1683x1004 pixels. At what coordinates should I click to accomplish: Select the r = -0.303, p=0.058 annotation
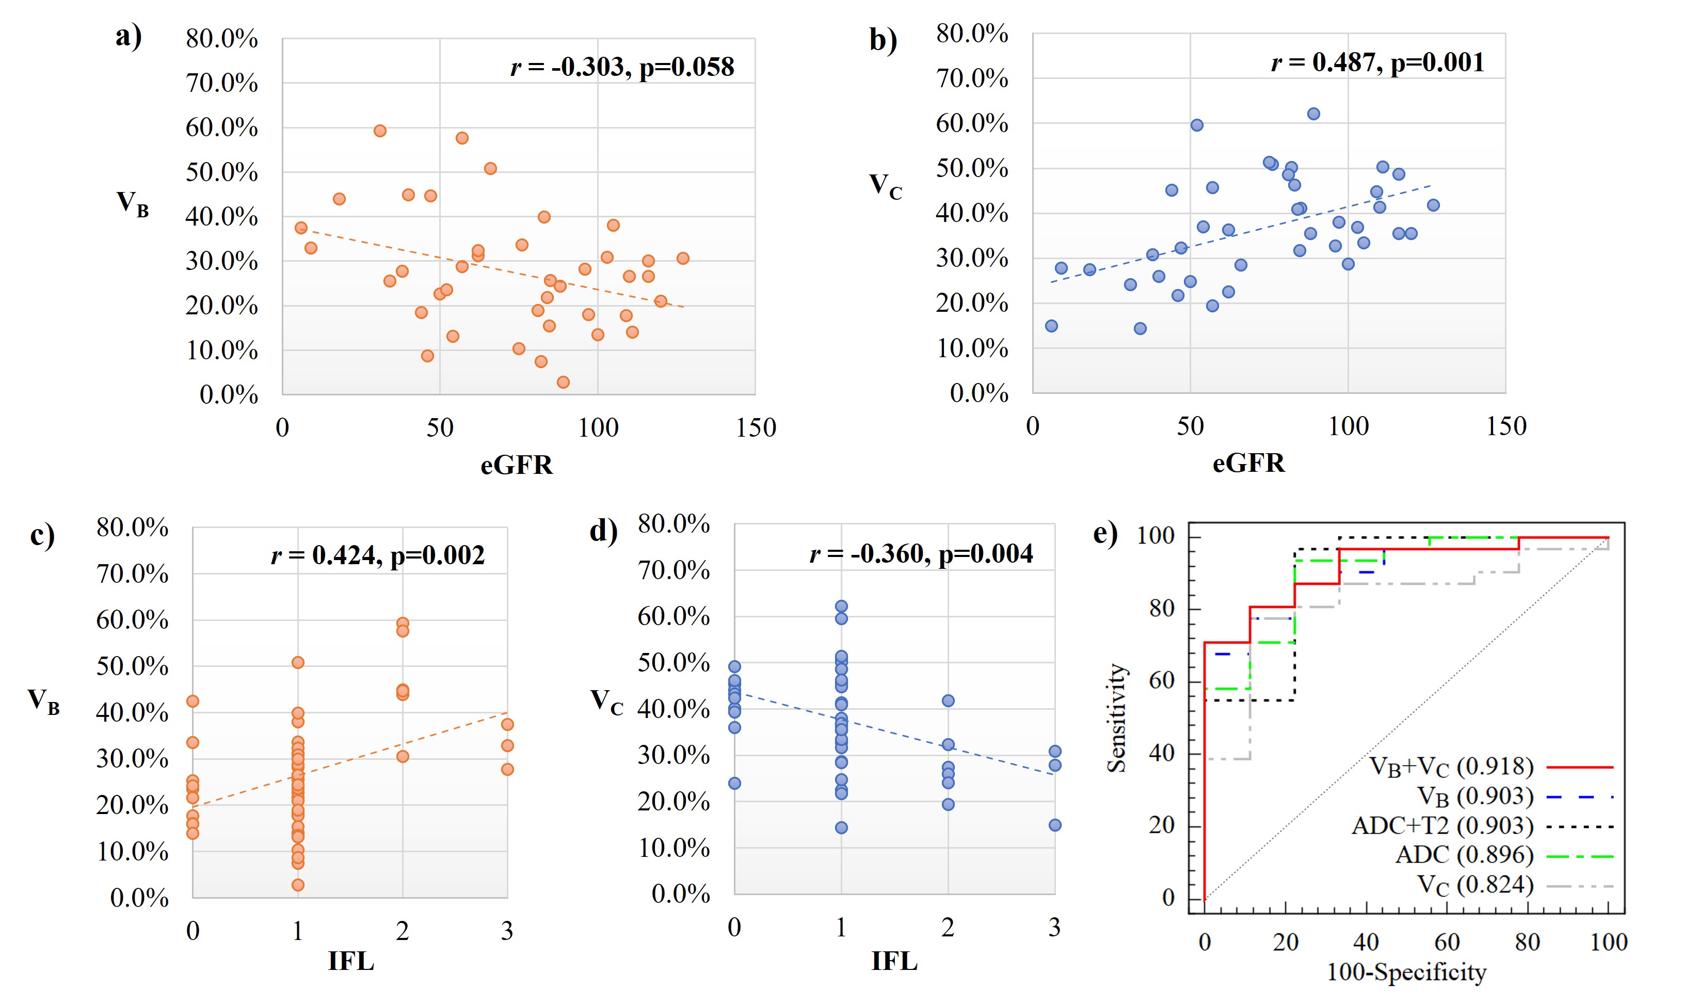tap(622, 67)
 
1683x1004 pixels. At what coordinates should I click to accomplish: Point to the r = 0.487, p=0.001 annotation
tap(1377, 63)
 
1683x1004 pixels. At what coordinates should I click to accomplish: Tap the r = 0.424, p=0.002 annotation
tap(377, 555)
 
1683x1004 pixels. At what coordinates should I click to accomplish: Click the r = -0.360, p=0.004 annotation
tap(921, 554)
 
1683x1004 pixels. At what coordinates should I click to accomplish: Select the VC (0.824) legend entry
tap(1474, 886)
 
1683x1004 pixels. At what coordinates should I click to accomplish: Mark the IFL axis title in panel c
tap(350, 961)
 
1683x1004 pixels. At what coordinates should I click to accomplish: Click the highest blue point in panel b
tap(1313, 114)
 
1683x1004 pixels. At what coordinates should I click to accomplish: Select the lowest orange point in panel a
tap(563, 383)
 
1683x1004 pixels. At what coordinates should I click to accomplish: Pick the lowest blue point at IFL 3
tap(1054, 825)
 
